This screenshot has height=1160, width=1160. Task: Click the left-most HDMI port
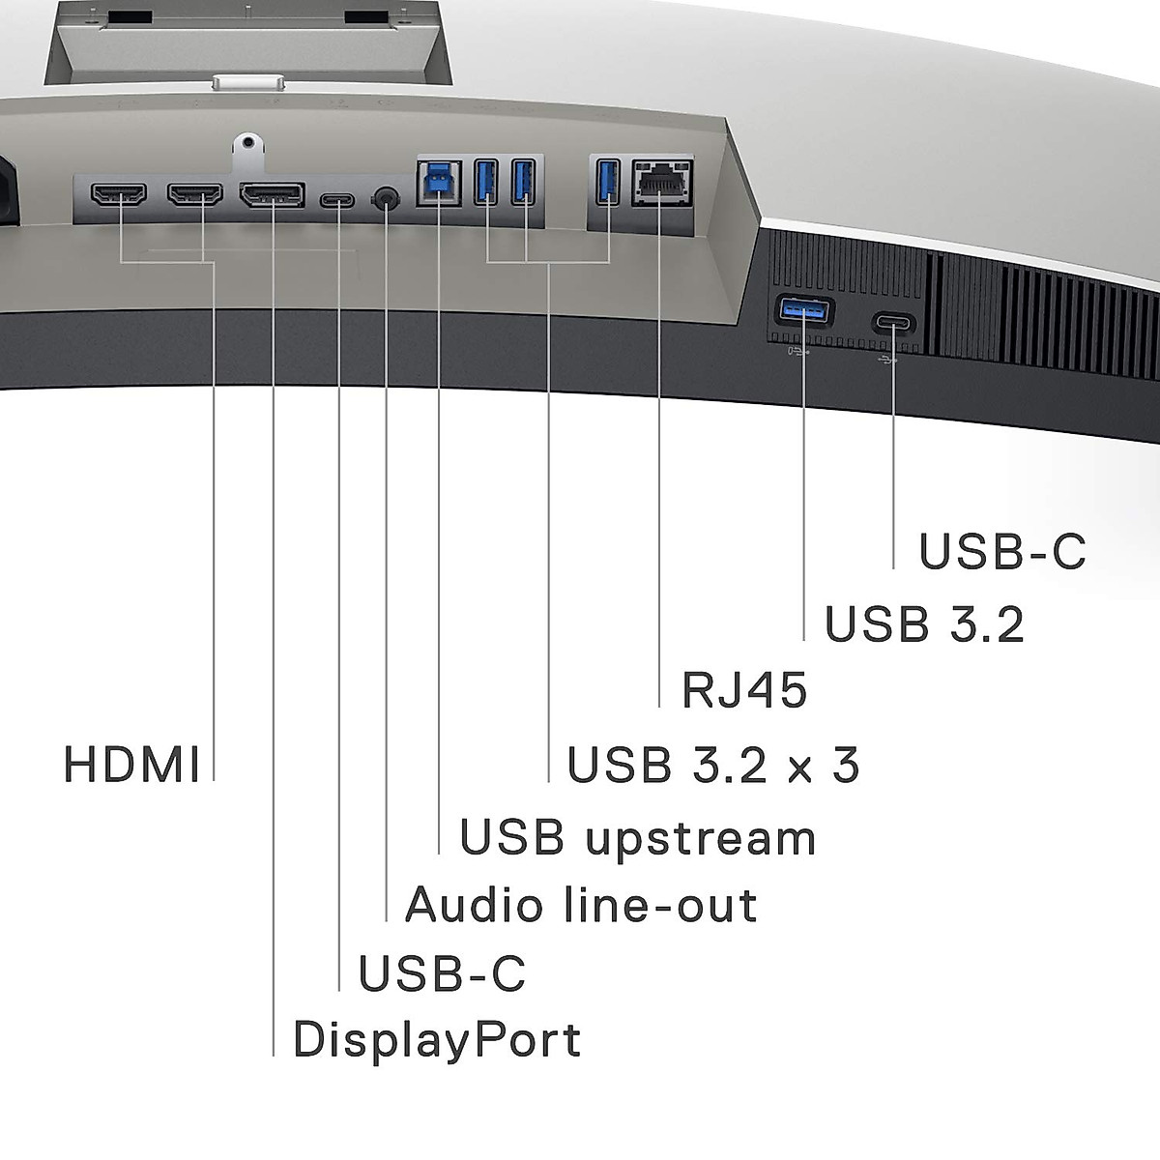point(118,194)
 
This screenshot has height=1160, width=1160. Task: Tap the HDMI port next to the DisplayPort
point(194,194)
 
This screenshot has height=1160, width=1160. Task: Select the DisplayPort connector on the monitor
point(272,195)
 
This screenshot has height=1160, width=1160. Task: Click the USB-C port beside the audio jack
point(337,201)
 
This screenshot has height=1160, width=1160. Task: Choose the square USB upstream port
point(439,183)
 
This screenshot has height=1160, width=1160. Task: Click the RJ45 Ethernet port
point(661,183)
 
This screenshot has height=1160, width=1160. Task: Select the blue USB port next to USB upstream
point(486,182)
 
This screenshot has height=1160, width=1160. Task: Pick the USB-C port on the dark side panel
point(893,322)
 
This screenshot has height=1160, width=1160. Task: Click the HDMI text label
point(131,765)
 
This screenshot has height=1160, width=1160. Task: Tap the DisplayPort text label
point(437,1040)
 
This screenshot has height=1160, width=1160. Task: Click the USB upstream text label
point(638,837)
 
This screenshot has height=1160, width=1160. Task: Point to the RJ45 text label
point(744,691)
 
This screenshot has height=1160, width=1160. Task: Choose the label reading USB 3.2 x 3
point(713,765)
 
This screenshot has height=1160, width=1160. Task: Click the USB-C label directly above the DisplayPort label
point(442,973)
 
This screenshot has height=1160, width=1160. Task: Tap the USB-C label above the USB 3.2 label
point(1002,552)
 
